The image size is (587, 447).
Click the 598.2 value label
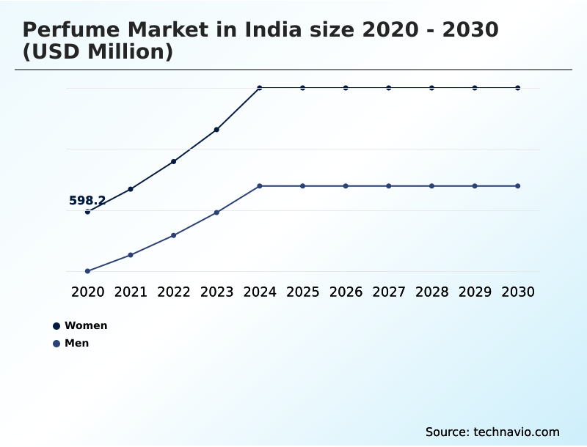87,200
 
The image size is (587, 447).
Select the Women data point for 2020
87,212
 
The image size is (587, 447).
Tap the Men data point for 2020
87,271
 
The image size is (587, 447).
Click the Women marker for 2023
216,130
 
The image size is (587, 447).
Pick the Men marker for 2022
174,235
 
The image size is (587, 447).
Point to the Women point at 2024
260,88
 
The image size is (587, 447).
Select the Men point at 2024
260,186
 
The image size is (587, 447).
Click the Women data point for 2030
518,88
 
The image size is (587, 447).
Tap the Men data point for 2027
389,186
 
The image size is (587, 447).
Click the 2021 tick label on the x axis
131,292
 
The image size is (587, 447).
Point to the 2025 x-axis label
303,292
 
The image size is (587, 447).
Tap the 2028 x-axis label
432,292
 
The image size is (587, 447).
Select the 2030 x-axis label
518,292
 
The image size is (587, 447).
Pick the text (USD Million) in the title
98,52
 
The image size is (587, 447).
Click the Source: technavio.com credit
492,432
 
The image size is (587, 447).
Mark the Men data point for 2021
131,255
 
